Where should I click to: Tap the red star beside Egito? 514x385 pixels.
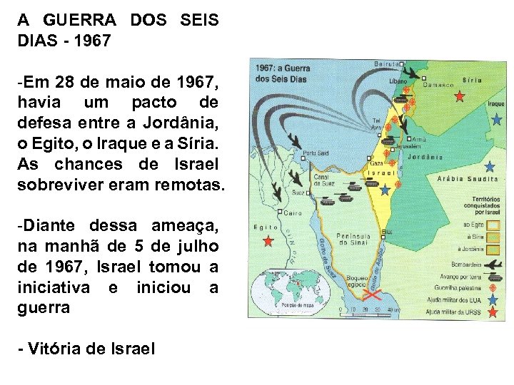point(268,241)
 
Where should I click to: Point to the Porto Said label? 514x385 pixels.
point(316,152)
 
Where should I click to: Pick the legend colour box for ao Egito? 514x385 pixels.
point(493,224)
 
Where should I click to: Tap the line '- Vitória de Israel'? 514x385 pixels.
point(87,349)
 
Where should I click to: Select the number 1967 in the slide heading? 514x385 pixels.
point(91,41)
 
